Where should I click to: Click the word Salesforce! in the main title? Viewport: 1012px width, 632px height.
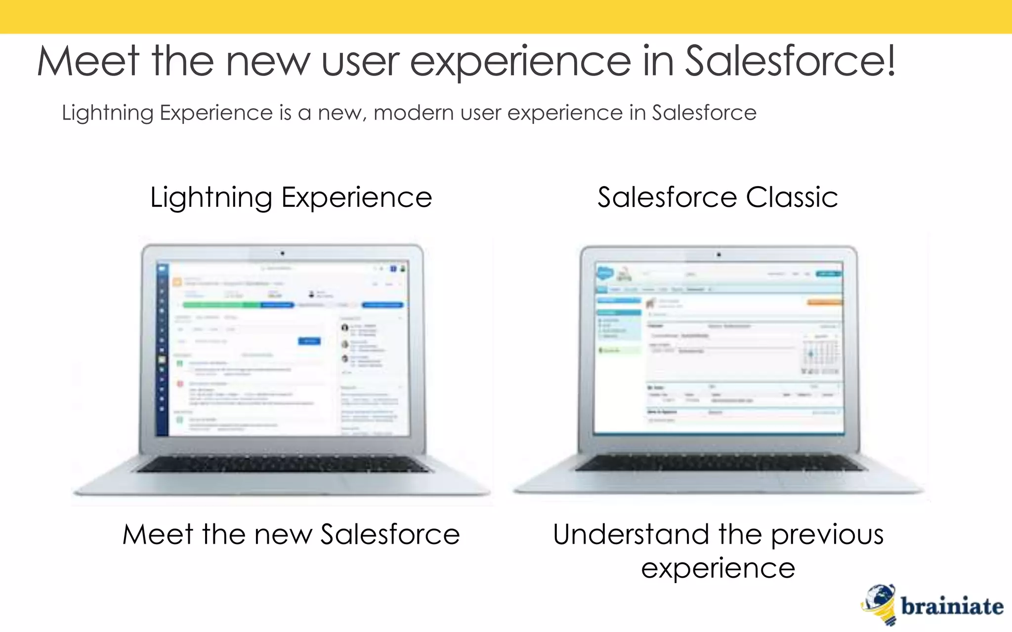coord(791,62)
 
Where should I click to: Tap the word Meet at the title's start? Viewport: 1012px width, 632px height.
coord(88,62)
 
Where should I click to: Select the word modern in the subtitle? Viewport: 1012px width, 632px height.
coord(414,113)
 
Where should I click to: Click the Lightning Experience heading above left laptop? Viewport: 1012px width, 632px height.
coord(291,197)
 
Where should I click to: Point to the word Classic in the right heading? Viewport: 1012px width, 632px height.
coord(792,197)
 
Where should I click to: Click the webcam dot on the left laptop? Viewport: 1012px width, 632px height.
coord(283,253)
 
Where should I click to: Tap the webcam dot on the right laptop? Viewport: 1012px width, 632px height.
coord(719,255)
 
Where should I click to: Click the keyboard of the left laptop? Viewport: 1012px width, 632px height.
coord(283,464)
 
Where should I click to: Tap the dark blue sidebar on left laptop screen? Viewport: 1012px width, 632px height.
coord(162,351)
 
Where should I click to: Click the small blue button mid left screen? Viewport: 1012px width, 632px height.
coord(309,341)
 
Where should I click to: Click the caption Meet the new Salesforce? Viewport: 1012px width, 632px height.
coord(291,535)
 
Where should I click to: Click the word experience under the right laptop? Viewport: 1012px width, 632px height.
coord(718,568)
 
